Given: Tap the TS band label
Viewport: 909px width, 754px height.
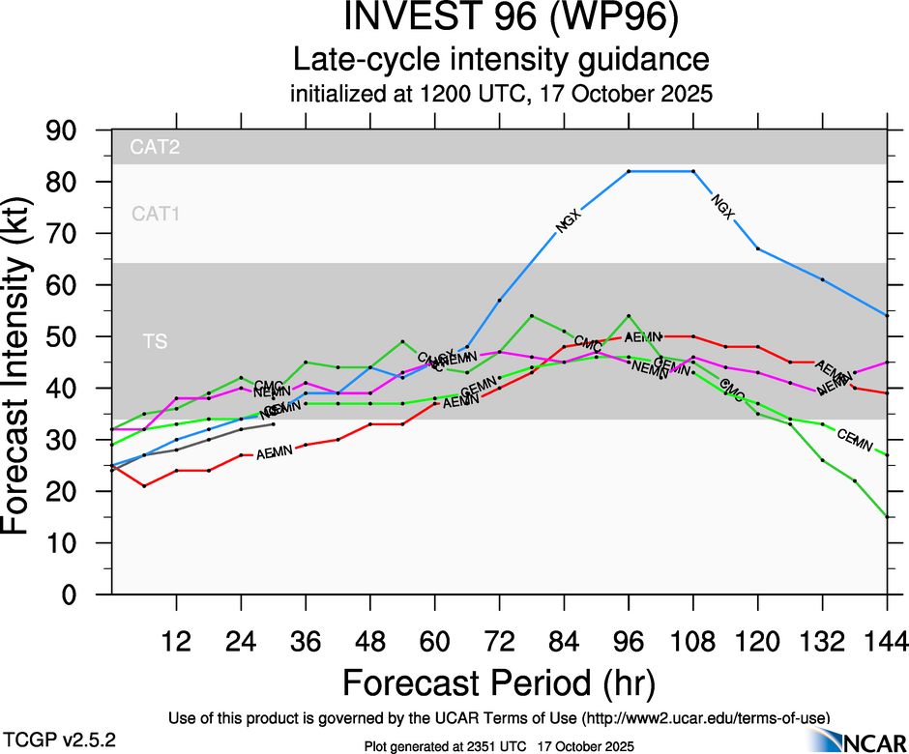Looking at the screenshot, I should click(x=154, y=341).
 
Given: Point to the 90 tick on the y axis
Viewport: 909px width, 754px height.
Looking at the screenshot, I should click(x=72, y=130).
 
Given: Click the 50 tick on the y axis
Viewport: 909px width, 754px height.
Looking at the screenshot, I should click(x=72, y=336).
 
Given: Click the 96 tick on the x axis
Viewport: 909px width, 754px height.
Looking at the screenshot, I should click(x=629, y=640).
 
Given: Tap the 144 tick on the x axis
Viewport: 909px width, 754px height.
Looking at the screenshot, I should click(x=887, y=640).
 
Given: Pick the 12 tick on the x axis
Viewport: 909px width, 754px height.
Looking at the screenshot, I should click(x=176, y=640).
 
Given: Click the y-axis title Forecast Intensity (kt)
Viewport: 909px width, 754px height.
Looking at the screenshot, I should click(x=26, y=362).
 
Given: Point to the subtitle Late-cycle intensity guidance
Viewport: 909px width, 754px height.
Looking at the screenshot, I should click(x=500, y=60).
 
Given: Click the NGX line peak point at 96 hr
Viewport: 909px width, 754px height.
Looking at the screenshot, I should click(x=629, y=171).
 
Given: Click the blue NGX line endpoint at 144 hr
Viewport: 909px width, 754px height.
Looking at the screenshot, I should click(x=887, y=315).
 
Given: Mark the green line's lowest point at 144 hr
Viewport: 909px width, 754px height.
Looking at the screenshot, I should click(x=887, y=517).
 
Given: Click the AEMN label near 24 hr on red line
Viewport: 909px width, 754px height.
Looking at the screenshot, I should click(x=274, y=452).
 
